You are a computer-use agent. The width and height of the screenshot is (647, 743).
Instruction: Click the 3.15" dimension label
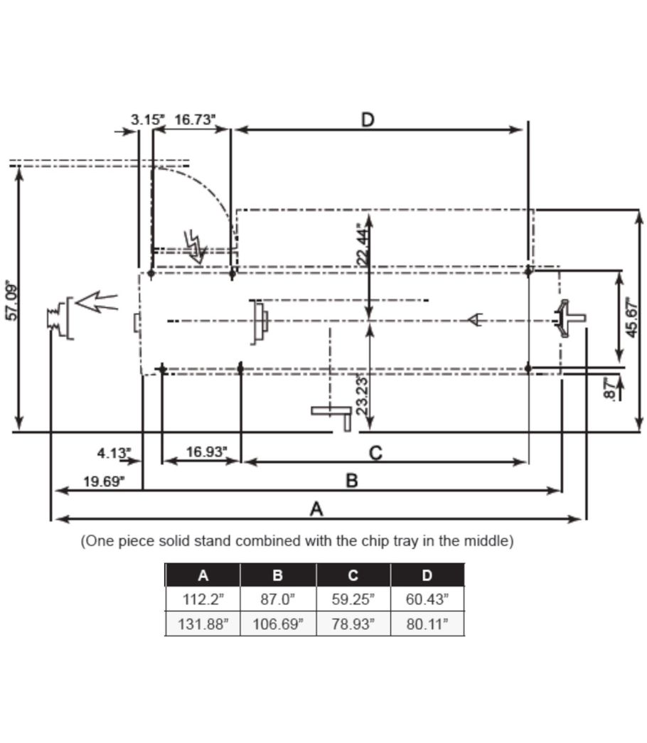click(x=146, y=119)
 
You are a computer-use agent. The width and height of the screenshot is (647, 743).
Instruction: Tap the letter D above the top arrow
click(x=367, y=119)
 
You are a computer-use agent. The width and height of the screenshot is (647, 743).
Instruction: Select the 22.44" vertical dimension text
click(x=363, y=245)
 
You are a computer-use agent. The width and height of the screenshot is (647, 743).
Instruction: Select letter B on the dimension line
click(x=351, y=481)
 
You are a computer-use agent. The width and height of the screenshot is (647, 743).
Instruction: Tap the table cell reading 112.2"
click(x=203, y=599)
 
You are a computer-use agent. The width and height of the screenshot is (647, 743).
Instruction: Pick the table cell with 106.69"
click(x=277, y=624)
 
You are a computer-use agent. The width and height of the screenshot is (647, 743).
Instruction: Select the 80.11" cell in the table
click(x=427, y=624)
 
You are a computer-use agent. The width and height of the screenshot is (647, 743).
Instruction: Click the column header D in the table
click(x=427, y=574)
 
